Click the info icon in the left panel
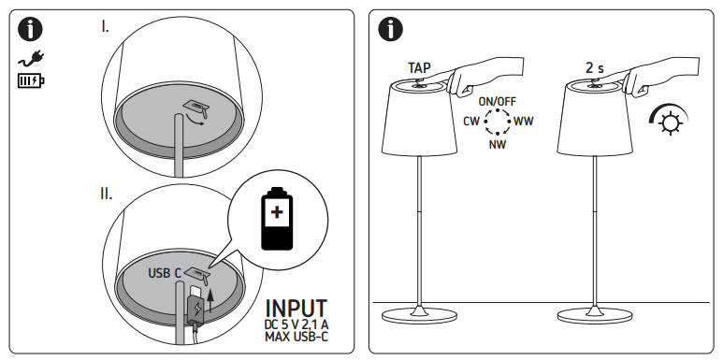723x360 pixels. [x=30, y=30]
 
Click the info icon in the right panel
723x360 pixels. [x=390, y=30]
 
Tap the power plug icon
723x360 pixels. [x=32, y=59]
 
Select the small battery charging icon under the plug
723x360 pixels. [x=31, y=81]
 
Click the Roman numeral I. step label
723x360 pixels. [x=105, y=27]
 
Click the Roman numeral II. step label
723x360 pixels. [x=106, y=194]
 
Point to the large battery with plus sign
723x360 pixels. [x=277, y=219]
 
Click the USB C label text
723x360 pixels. [x=165, y=273]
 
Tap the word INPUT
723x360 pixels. [x=296, y=309]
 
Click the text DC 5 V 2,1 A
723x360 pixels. [x=296, y=325]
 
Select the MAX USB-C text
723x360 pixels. [x=296, y=337]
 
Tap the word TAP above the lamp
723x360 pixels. [x=419, y=67]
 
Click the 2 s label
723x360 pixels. [x=594, y=67]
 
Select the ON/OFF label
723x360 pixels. [x=497, y=101]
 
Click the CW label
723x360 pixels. [x=471, y=122]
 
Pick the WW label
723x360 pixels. [x=524, y=122]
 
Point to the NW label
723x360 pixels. [x=498, y=145]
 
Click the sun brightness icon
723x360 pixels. [x=669, y=120]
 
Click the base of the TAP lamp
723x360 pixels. [x=419, y=315]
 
